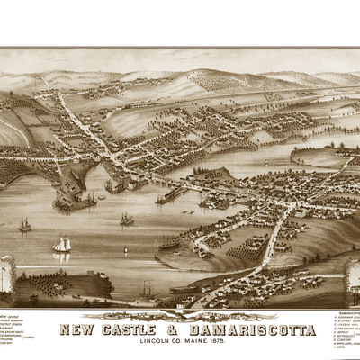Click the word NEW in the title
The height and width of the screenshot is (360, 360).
[75, 329]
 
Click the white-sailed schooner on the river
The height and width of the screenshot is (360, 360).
[61, 245]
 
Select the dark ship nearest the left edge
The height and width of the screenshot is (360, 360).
[24, 225]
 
